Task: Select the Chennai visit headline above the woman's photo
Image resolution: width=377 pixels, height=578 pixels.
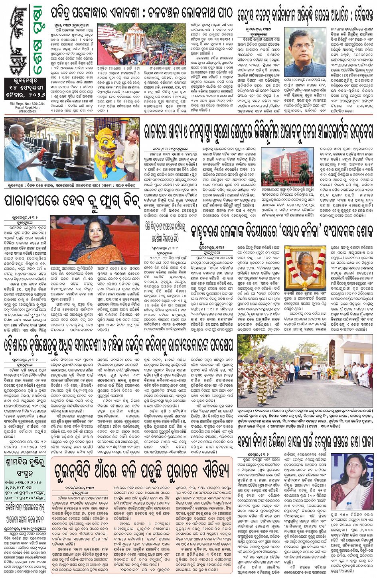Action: click(x=305, y=442)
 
